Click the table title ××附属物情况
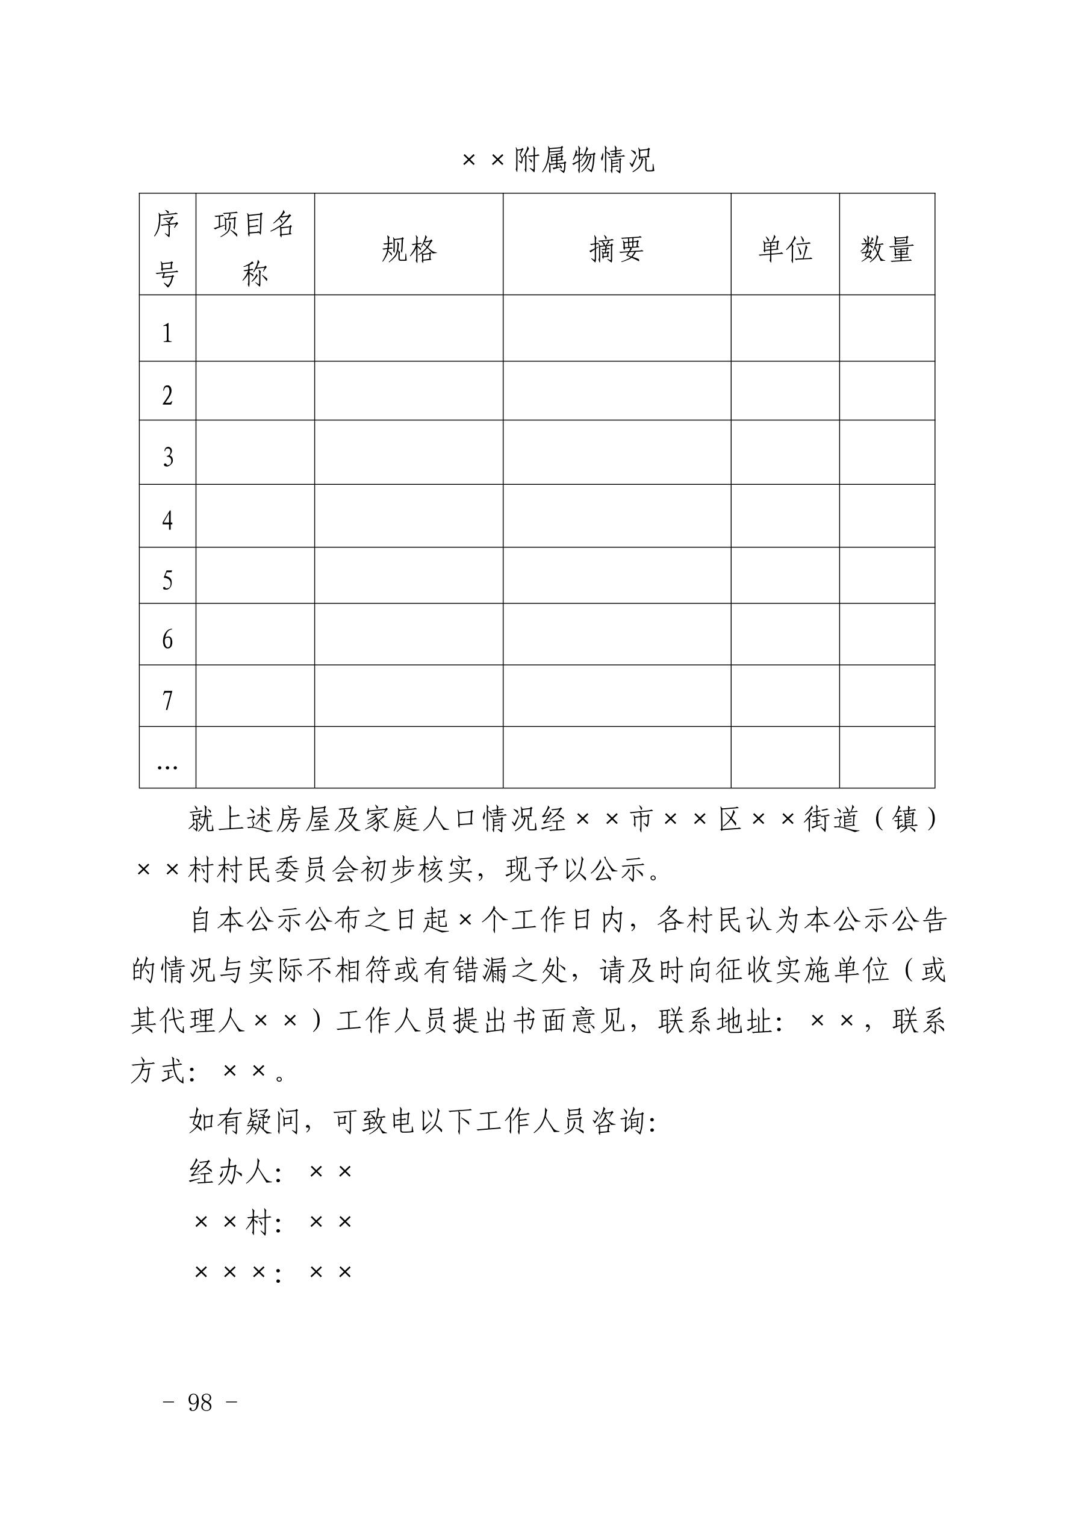(x=558, y=160)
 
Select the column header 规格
(x=409, y=249)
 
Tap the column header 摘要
(x=617, y=249)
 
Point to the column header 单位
(x=785, y=249)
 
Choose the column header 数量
(x=887, y=249)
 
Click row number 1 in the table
(x=167, y=333)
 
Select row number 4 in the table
(x=167, y=520)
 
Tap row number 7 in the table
(x=167, y=700)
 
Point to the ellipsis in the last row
(x=167, y=765)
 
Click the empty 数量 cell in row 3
(x=887, y=452)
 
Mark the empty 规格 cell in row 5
(x=409, y=575)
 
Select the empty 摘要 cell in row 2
(x=617, y=390)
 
